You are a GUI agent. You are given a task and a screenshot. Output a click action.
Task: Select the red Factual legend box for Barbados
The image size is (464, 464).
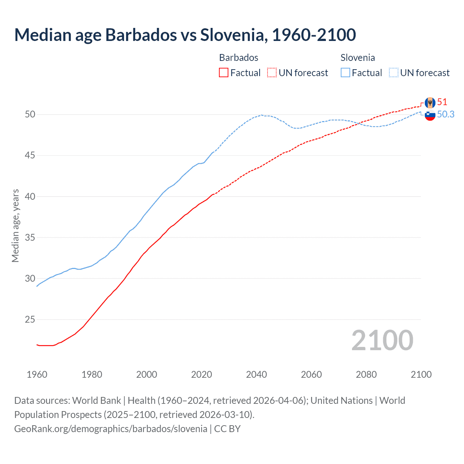[224, 72]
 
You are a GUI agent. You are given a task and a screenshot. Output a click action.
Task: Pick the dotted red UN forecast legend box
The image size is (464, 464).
[272, 72]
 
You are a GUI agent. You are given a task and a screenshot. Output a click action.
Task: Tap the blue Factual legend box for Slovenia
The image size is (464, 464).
[345, 72]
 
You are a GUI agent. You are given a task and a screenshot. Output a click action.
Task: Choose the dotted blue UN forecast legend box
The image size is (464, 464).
[394, 72]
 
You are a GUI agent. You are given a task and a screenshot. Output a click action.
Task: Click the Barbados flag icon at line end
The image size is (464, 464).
[430, 103]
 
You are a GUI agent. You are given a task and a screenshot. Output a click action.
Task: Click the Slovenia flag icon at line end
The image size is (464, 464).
[430, 115]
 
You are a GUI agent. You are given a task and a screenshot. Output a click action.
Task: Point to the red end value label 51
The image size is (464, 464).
[442, 102]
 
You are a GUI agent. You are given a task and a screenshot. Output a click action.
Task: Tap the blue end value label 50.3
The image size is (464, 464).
[446, 114]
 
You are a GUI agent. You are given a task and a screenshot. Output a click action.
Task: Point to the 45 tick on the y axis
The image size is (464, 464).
[30, 156]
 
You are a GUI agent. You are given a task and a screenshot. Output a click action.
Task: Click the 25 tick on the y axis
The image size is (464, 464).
[30, 320]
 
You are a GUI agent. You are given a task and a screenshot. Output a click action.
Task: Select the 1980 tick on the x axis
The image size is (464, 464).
[92, 374]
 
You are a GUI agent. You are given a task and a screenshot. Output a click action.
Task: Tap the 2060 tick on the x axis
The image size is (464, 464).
[311, 374]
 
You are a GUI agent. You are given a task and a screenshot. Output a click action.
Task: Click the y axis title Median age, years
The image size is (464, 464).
[15, 225]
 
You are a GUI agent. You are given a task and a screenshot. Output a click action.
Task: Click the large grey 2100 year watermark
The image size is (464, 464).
[382, 340]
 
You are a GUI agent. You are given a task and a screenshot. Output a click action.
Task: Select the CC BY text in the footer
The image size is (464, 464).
[227, 429]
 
